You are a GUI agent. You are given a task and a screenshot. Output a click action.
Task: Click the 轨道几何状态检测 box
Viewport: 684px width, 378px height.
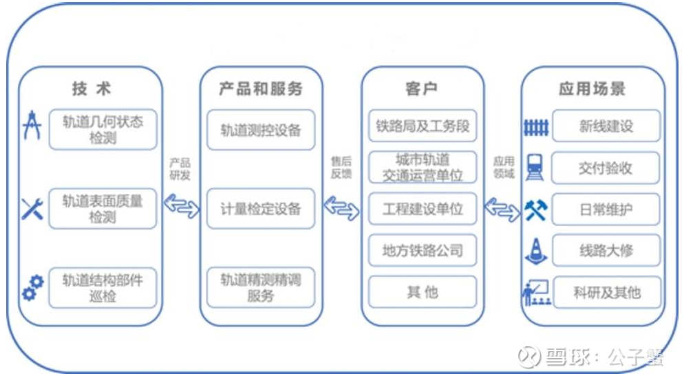[103, 129]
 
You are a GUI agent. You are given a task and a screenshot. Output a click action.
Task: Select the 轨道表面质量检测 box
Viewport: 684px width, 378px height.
[103, 209]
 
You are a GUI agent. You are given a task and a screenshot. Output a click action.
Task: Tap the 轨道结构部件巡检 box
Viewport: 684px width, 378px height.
[103, 288]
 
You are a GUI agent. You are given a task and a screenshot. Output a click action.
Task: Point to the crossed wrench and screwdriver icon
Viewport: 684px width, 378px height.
[32, 208]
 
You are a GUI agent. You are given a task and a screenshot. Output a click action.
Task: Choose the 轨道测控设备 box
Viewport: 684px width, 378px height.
[261, 130]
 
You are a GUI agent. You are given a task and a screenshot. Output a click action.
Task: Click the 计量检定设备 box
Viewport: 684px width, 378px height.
[261, 208]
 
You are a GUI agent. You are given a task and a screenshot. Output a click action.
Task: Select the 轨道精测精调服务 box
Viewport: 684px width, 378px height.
[261, 287]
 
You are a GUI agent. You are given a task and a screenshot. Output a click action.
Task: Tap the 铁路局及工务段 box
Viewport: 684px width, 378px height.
[423, 126]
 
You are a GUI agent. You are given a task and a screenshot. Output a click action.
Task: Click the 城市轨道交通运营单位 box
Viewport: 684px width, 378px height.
[423, 168]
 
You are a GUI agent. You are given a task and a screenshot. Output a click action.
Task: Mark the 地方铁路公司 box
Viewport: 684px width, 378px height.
[423, 250]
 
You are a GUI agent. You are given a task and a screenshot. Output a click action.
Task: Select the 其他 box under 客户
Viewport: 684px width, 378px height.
[423, 291]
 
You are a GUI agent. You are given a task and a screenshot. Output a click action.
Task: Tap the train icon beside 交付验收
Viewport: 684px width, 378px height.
[535, 168]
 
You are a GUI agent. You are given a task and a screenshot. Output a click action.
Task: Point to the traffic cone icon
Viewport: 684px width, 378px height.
[535, 250]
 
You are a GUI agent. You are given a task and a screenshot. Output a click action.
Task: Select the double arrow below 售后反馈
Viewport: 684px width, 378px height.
[341, 205]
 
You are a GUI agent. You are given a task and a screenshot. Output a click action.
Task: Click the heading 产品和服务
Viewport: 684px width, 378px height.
[261, 89]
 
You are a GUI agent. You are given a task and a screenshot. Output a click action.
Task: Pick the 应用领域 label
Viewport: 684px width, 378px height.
[504, 168]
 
